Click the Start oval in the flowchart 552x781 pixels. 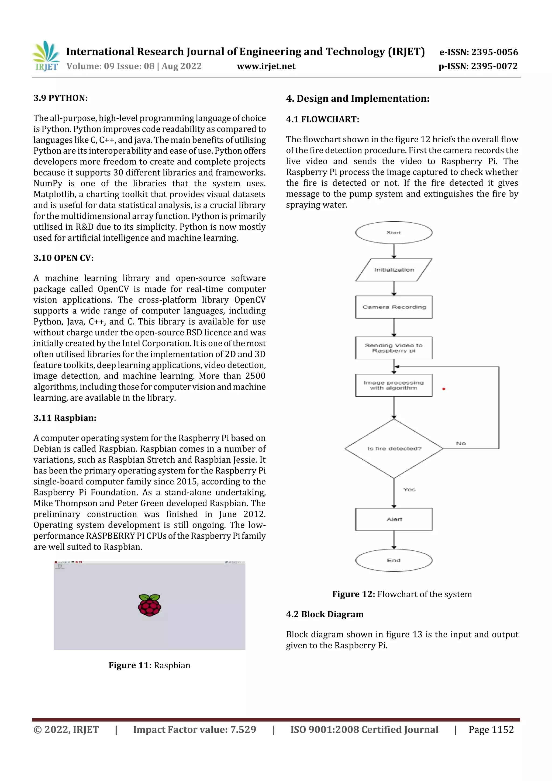point(394,233)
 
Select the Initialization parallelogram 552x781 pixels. point(394,270)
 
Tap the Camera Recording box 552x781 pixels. point(394,307)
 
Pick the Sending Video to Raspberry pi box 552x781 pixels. point(394,348)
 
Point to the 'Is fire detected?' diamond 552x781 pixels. point(394,448)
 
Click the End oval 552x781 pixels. point(394,560)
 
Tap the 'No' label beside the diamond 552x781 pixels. point(461,443)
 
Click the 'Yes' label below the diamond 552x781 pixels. point(409,490)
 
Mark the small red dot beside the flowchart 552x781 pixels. point(443,389)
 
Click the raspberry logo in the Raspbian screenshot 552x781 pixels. point(149,605)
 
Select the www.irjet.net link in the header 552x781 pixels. point(266,66)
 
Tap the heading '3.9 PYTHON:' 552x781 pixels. point(61,98)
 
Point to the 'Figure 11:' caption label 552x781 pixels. point(130,665)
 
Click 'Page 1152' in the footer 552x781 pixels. point(491,729)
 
